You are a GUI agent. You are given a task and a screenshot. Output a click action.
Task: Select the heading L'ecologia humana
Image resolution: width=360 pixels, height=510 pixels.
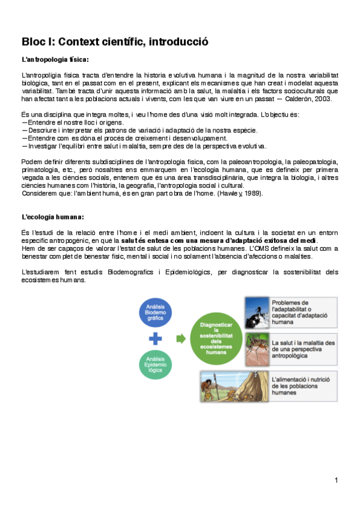pos(52,217)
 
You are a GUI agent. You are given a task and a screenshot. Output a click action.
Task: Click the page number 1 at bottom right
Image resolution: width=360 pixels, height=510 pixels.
pos(337,479)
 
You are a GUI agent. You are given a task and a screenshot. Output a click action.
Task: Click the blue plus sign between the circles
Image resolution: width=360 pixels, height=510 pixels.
pos(155,339)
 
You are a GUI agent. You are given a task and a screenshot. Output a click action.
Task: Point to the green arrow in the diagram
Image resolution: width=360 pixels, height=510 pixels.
pos(180,339)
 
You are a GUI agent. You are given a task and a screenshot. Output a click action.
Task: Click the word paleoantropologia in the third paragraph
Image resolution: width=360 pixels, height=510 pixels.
pos(229,162)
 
